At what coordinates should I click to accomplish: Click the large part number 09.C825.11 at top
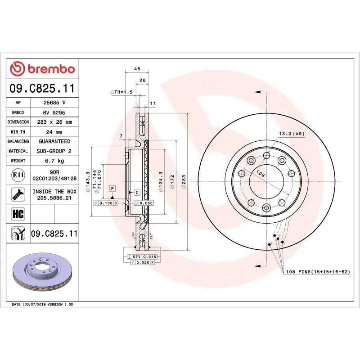(42, 88)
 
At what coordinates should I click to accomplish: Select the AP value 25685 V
(54, 103)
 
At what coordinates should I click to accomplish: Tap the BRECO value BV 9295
(54, 112)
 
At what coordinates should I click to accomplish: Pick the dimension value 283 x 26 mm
(54, 122)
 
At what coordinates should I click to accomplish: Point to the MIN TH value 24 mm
(54, 132)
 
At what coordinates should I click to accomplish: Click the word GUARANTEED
(54, 141)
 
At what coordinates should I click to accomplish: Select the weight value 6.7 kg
(54, 161)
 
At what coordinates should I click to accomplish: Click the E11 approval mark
(18, 175)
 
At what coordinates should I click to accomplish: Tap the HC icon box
(18, 213)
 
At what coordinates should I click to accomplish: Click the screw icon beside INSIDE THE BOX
(18, 194)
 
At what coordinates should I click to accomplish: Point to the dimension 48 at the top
(137, 69)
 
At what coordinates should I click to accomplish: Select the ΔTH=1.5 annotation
(121, 92)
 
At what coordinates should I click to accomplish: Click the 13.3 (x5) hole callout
(291, 134)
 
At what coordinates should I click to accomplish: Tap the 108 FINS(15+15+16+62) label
(317, 272)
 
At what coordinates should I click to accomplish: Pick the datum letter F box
(112, 187)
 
